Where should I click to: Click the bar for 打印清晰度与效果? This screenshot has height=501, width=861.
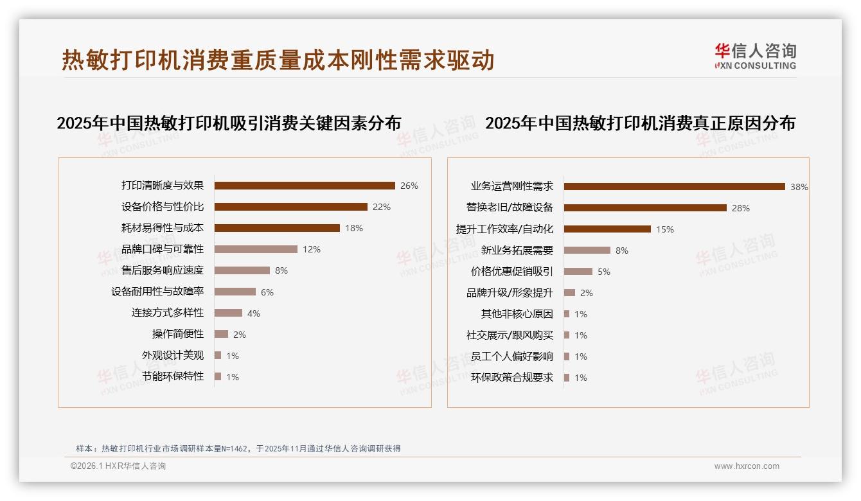305,186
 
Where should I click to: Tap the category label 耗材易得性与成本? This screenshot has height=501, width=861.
163,228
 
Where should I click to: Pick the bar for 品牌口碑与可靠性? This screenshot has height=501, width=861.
256,249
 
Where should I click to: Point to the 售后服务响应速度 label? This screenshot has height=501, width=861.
163,270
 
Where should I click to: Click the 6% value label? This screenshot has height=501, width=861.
267,292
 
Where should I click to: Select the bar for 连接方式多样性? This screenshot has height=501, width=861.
228,313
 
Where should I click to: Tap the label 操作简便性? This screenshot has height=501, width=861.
178,334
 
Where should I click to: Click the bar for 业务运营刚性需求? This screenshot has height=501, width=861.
675,187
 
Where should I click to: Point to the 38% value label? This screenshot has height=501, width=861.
799,187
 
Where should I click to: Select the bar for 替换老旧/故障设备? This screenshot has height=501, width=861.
645,208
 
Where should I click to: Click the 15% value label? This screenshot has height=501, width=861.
664,229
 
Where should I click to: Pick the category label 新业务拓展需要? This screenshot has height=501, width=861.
517,251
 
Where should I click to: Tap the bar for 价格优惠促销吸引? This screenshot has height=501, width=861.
578,272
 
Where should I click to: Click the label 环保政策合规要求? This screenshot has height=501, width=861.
512,378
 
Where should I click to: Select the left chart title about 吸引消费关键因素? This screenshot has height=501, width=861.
229,123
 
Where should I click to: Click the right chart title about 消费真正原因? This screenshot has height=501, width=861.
640,123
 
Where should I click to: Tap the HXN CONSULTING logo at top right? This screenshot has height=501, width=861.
755,57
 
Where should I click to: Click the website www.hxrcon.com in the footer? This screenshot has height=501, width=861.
747,466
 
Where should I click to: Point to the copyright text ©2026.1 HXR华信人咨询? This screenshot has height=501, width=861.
118,466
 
